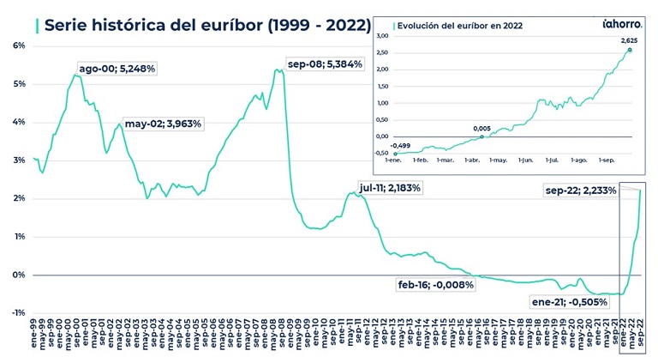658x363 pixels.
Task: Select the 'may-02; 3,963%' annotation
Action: pyautogui.click(x=163, y=124)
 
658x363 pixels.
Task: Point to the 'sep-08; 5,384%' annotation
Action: pyautogui.click(x=325, y=64)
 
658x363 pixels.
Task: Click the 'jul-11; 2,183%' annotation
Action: pyautogui.click(x=391, y=187)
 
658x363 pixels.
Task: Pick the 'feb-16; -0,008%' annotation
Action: pyautogui.click(x=435, y=284)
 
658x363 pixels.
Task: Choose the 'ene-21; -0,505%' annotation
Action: pyautogui.click(x=569, y=301)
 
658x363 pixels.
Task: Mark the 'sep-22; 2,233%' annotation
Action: pyautogui.click(x=580, y=191)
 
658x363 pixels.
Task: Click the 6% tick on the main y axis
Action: pyautogui.click(x=19, y=45)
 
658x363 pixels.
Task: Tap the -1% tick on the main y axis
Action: pyautogui.click(x=18, y=313)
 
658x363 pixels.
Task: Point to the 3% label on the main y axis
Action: pyautogui.click(x=19, y=160)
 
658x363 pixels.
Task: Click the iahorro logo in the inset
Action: pyautogui.click(x=616, y=26)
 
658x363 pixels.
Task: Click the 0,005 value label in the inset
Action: pyautogui.click(x=482, y=129)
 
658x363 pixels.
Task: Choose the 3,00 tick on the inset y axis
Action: pyautogui.click(x=383, y=37)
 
